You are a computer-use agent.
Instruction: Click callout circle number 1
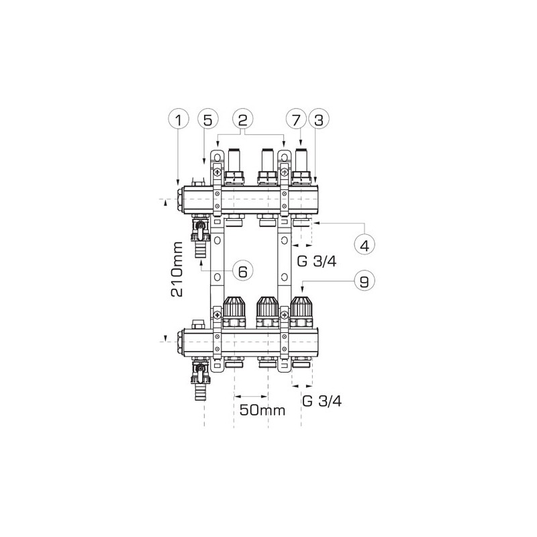179,120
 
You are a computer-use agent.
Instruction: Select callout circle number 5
208,120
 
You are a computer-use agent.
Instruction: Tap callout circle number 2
242,120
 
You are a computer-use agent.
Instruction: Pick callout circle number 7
296,120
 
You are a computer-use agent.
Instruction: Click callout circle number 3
318,120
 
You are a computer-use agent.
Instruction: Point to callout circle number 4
364,245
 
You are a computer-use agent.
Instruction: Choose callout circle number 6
242,271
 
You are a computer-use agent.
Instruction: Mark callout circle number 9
364,281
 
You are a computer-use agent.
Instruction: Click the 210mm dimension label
177,269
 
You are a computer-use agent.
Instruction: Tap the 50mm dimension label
262,409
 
